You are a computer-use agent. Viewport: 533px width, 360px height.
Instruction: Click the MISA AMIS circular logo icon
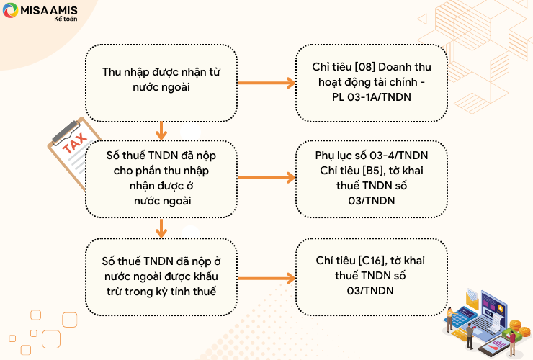[10, 10]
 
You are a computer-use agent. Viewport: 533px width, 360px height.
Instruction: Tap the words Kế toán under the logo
[66, 19]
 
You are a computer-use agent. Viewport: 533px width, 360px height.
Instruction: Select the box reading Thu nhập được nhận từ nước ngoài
[161, 83]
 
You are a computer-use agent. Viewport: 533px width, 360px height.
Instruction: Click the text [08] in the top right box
[364, 67]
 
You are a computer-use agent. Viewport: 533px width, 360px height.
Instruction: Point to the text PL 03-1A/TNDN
[371, 97]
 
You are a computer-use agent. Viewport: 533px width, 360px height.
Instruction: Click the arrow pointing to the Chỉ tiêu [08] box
[266, 83]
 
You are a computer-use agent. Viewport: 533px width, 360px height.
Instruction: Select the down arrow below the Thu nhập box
[161, 130]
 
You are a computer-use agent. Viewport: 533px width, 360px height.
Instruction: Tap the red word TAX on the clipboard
[74, 143]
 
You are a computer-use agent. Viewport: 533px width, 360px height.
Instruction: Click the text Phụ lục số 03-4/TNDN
[371, 156]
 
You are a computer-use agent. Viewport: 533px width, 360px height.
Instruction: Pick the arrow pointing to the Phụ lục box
[266, 177]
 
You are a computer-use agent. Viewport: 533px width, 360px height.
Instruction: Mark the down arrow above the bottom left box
[161, 228]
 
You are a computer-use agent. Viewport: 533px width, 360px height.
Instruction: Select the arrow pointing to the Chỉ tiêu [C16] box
[266, 279]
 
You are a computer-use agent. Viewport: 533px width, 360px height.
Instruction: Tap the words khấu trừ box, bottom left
[161, 276]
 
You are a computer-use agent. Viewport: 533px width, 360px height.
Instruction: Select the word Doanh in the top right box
[394, 67]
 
